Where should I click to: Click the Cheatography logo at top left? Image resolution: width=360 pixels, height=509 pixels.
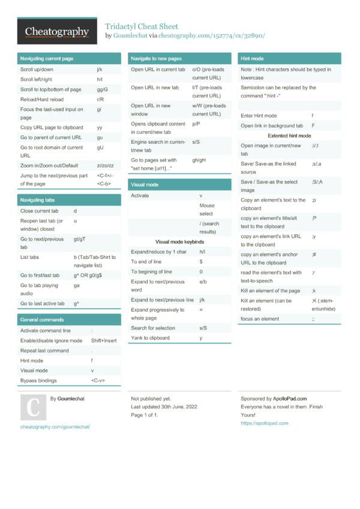(x=57, y=31)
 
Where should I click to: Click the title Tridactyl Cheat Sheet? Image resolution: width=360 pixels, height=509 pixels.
(x=142, y=26)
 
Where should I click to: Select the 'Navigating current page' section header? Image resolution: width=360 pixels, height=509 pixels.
(x=47, y=59)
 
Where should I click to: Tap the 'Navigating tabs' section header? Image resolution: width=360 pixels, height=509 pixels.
(x=37, y=200)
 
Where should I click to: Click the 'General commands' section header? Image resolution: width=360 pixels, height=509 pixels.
(x=42, y=320)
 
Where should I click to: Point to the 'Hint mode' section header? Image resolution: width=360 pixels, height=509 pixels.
(x=252, y=59)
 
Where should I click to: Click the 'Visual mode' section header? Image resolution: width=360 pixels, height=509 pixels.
(x=145, y=185)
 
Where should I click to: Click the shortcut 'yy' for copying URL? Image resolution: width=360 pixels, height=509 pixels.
(x=100, y=128)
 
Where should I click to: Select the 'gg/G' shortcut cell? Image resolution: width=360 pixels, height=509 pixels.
(x=102, y=89)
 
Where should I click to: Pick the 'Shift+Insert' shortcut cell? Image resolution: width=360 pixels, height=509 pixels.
(x=104, y=341)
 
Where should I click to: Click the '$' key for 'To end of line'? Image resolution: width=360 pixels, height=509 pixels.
(x=201, y=262)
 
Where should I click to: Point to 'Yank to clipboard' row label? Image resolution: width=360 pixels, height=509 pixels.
(x=151, y=338)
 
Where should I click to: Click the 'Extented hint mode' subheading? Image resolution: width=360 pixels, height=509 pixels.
(x=285, y=136)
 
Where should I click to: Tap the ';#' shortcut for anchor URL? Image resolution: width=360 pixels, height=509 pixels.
(x=314, y=254)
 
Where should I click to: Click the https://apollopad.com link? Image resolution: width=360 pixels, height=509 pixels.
(x=265, y=423)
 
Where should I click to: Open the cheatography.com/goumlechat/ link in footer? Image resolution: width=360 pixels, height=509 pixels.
(x=55, y=427)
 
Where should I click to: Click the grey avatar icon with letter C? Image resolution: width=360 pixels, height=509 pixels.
(x=33, y=407)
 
